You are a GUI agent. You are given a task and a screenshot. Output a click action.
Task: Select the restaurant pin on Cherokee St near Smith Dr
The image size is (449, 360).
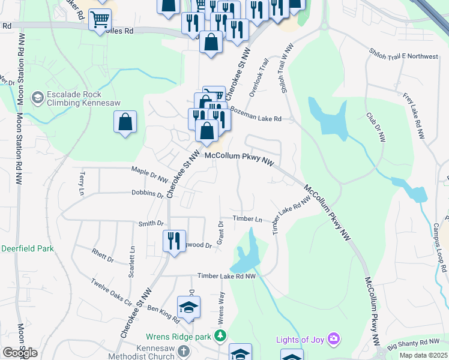[174, 241]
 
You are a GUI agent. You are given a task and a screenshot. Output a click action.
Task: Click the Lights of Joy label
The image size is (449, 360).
[300, 340]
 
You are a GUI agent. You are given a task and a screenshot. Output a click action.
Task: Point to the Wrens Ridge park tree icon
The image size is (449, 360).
[221, 336]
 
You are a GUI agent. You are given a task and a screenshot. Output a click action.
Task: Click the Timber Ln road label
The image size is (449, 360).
[248, 220]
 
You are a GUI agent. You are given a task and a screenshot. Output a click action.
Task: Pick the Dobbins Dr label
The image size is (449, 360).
[148, 193]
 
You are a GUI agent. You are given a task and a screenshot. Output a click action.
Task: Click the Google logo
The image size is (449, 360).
[20, 353]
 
